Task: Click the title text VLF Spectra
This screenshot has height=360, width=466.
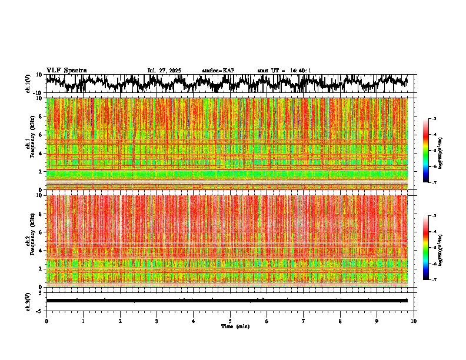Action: click(66, 71)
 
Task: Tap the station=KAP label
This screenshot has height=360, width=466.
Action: click(218, 71)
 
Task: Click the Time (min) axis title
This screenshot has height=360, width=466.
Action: click(235, 326)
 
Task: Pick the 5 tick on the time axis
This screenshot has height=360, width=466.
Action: click(230, 321)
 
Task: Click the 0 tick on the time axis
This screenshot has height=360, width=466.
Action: click(46, 321)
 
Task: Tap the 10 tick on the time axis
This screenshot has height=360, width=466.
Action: click(414, 321)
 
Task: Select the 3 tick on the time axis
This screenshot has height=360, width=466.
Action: click(157, 321)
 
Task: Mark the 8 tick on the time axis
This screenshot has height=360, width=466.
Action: click(340, 321)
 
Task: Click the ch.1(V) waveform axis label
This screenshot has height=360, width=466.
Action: click(28, 84)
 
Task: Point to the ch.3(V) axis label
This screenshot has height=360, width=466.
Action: click(28, 301)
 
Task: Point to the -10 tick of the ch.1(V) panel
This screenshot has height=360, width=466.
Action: click(37, 93)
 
